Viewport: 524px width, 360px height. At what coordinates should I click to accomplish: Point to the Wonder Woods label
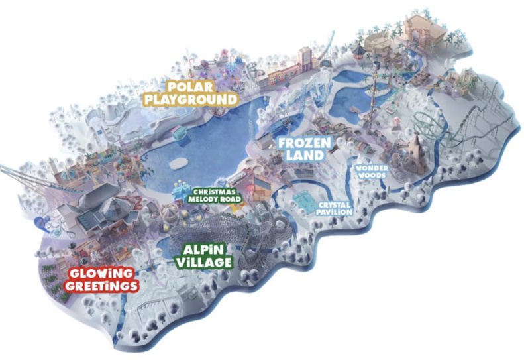coord(371,172)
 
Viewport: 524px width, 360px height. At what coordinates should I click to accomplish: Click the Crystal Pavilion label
coord(334,209)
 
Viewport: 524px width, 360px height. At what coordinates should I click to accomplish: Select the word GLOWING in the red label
coord(102,272)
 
